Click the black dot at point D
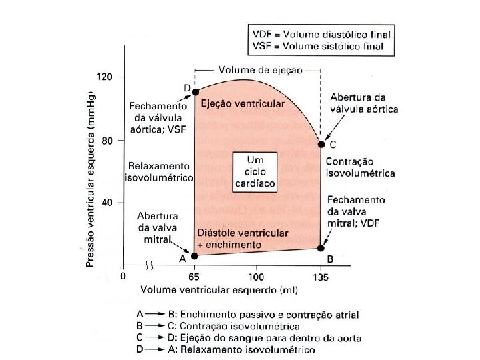click(195, 91)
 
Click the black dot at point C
click(321, 144)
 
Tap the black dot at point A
click(195, 255)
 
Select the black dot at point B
click(321, 248)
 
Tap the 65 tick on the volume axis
click(195, 275)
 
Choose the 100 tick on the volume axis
click(256, 275)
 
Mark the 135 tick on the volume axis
click(321, 275)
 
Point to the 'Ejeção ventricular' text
click(243, 104)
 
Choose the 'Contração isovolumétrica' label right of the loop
click(360, 167)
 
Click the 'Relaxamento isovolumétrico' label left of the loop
click(159, 171)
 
